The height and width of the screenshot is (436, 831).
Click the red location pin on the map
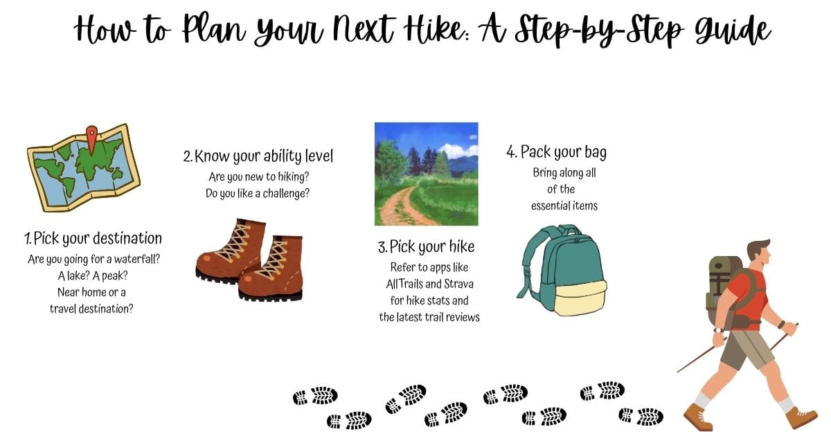91,138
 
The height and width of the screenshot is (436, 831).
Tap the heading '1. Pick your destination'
93,238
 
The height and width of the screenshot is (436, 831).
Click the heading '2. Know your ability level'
258,156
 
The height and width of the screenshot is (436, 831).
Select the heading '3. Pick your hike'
426,247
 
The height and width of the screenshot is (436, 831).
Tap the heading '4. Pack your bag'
557,152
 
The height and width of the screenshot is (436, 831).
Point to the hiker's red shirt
747,298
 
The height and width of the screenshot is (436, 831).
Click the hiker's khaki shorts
746,349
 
